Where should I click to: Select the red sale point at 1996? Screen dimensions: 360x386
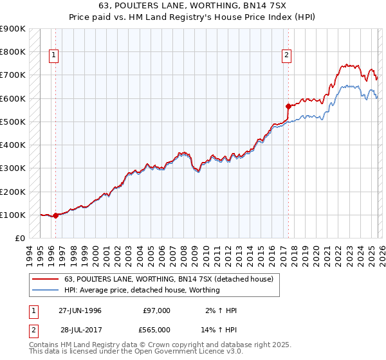[x=55, y=215]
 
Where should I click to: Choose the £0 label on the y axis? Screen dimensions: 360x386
[x=19, y=239]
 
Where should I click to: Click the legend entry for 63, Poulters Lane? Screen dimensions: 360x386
[x=169, y=279]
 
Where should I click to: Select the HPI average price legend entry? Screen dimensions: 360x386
[x=142, y=290]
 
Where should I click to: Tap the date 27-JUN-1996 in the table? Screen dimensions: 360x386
[x=80, y=310]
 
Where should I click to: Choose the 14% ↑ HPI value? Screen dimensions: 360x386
[x=219, y=329]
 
